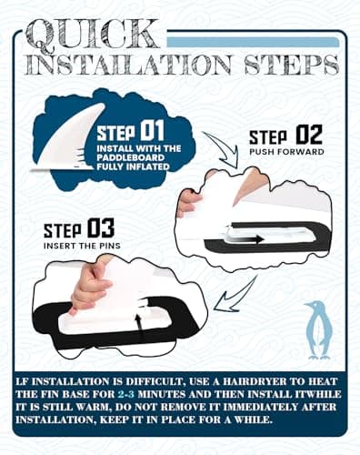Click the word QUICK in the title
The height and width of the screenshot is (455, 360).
(x=93, y=35)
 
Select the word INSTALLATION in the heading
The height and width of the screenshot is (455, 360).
(x=129, y=65)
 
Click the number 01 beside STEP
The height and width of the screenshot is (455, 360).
(x=153, y=130)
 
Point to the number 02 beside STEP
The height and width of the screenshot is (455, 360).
(x=309, y=135)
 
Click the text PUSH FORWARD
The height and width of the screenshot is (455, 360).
(x=286, y=152)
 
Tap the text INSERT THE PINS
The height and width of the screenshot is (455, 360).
(x=82, y=246)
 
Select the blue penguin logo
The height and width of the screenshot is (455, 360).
(x=316, y=330)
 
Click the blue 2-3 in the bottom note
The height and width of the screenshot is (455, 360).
(x=125, y=394)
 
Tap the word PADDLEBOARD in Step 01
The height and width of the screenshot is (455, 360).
(x=131, y=157)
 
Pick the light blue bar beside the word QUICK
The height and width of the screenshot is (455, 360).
(x=253, y=42)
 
